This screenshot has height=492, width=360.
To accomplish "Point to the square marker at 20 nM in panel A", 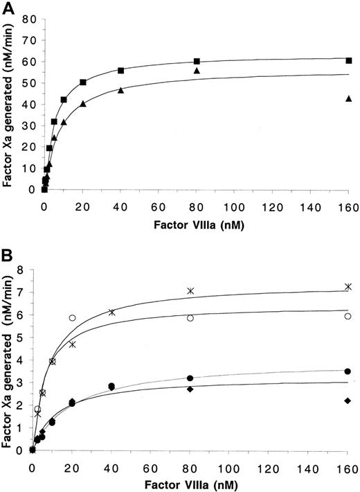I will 83,82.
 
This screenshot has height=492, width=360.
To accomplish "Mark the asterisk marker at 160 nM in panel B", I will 348,286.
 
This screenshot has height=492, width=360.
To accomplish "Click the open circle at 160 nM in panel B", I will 348,316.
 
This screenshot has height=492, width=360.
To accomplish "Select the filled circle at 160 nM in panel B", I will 348,371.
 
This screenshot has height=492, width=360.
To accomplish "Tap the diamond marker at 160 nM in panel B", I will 348,401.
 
